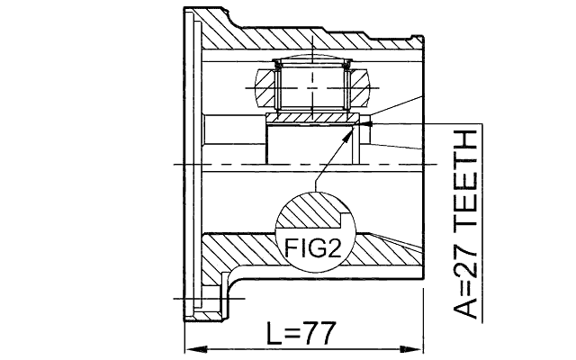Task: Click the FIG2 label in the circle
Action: pyautogui.click(x=313, y=247)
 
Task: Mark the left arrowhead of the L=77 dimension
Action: pyautogui.click(x=190, y=349)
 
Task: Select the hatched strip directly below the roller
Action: pyautogui.click(x=310, y=119)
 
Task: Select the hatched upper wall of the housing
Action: pyautogui.click(x=306, y=37)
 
